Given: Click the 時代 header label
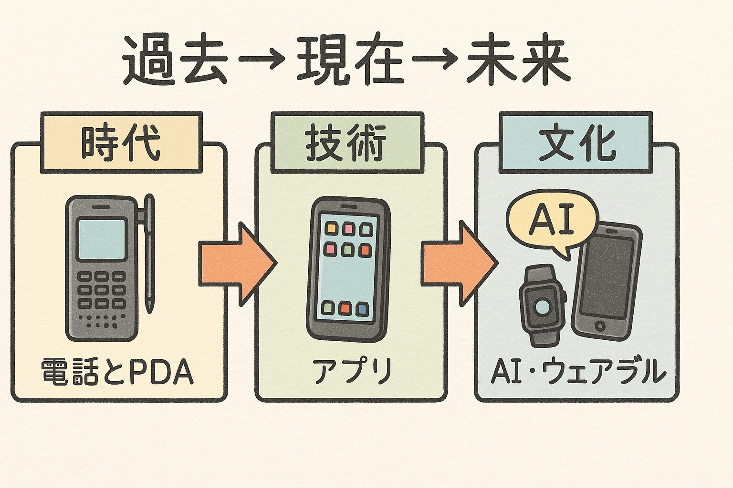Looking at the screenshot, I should pyautogui.click(x=121, y=143).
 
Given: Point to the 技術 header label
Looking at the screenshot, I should pyautogui.click(x=347, y=143).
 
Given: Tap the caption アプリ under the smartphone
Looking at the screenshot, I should pyautogui.click(x=352, y=371).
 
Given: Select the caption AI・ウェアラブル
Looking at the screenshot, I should pyautogui.click(x=578, y=372).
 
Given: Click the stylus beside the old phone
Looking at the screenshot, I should pyautogui.click(x=149, y=253).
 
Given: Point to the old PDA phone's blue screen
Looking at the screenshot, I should pyautogui.click(x=102, y=239).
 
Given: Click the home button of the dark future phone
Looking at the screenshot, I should pyautogui.click(x=600, y=326).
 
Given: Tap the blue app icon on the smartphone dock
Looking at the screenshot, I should pyautogui.click(x=362, y=308).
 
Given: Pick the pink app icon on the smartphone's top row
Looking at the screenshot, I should pyautogui.click(x=347, y=229).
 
